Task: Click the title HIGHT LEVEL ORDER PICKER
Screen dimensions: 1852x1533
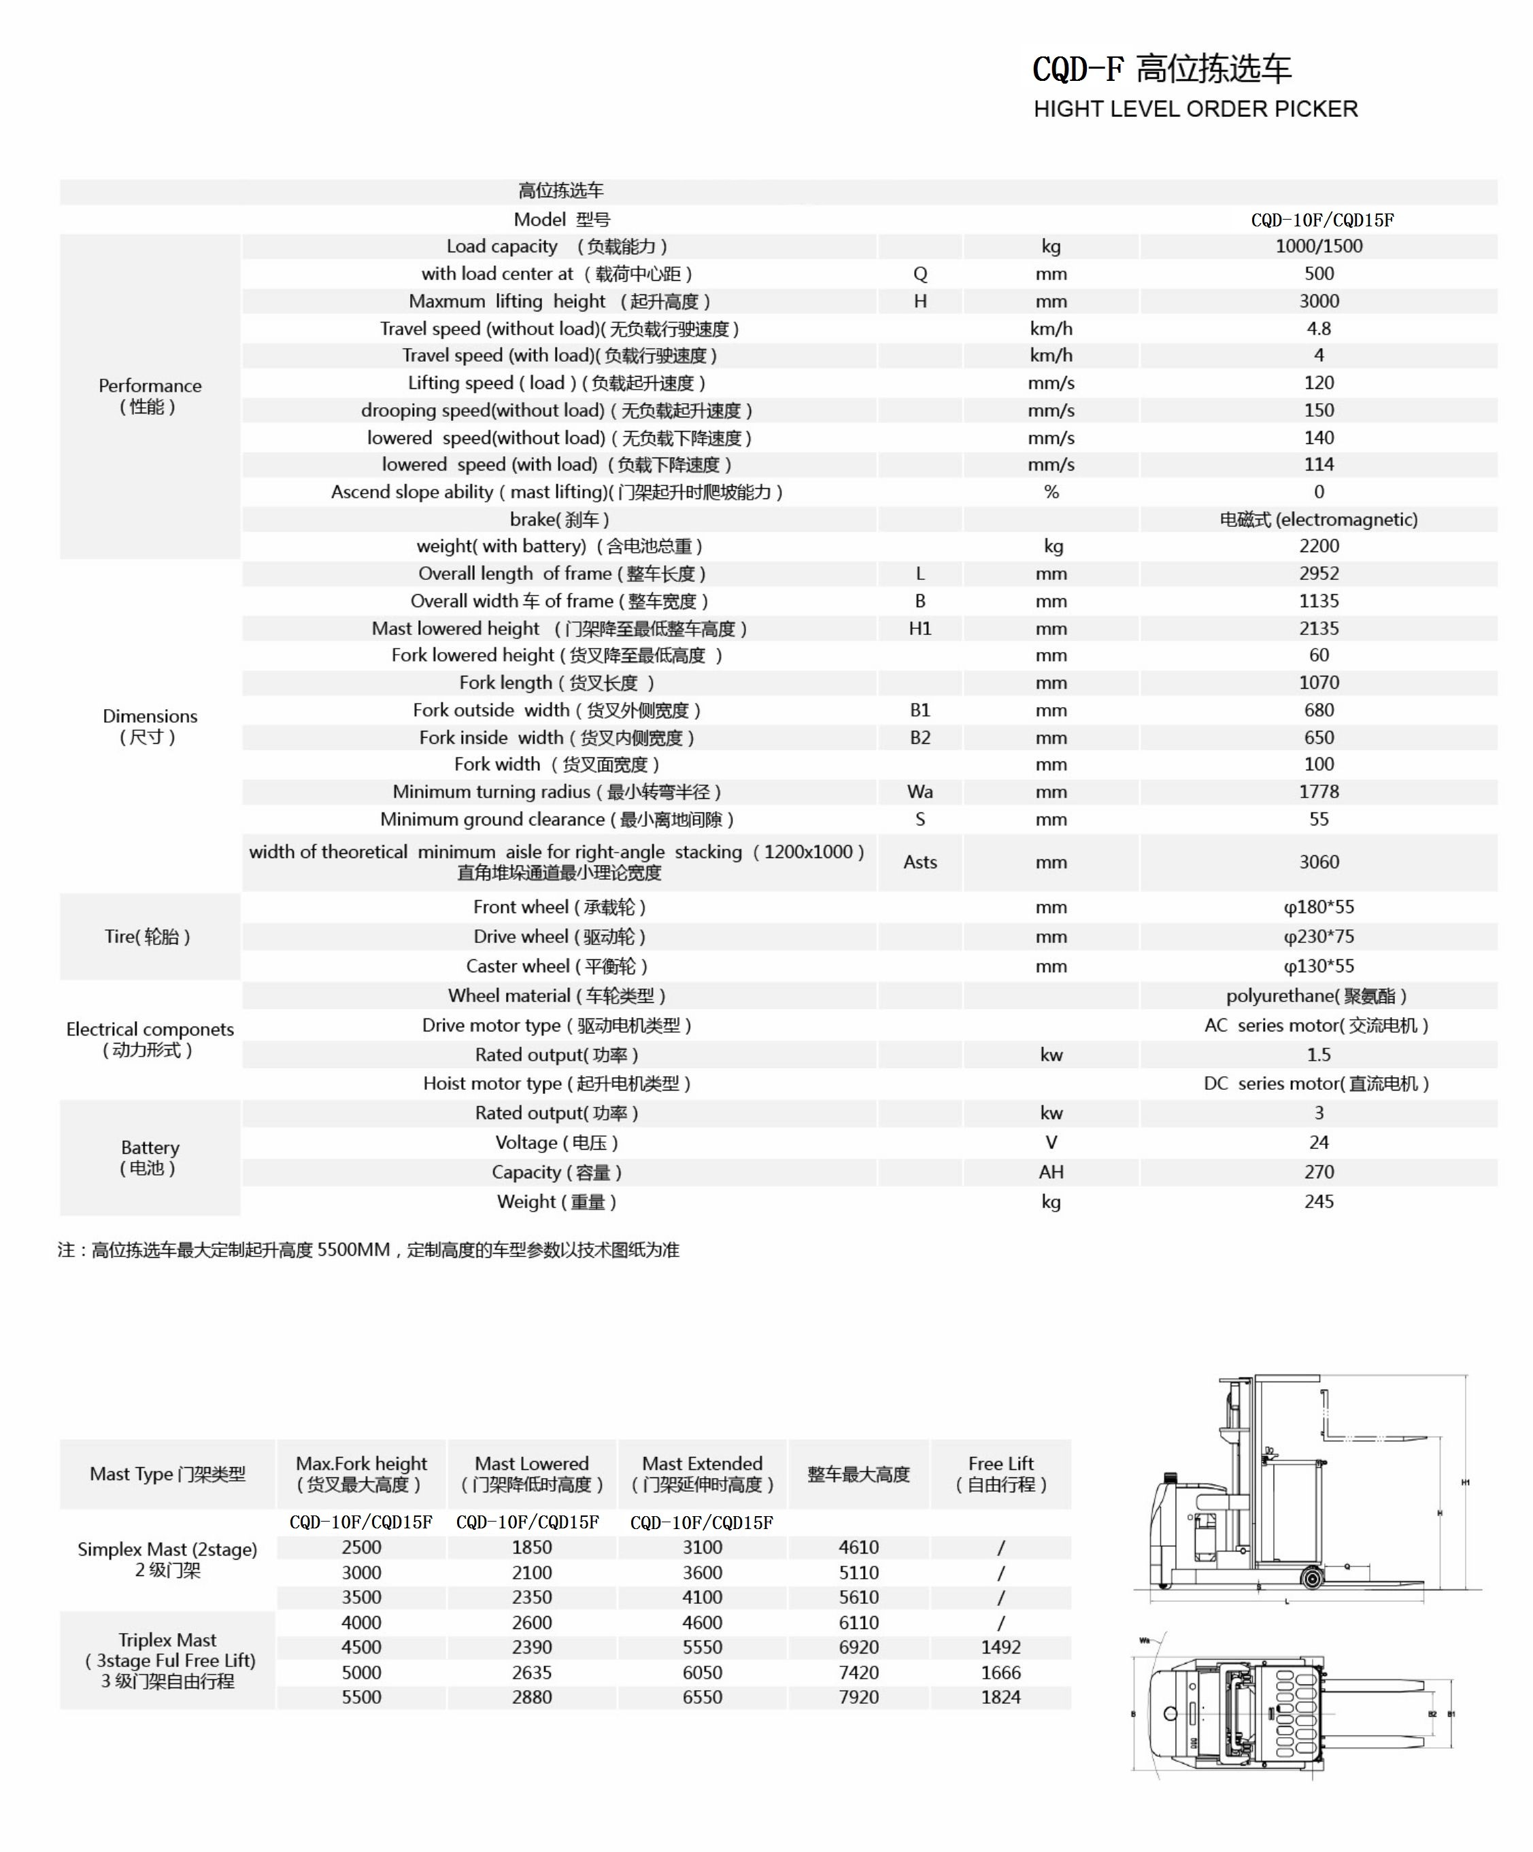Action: (x=1195, y=109)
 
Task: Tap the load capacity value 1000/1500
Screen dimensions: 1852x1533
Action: (x=1319, y=246)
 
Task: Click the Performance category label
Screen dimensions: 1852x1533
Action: (x=150, y=396)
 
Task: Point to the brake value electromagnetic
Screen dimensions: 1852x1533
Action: (x=1319, y=519)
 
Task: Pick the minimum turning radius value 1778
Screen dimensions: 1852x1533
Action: (x=1319, y=792)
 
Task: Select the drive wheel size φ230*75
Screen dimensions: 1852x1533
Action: (x=1319, y=937)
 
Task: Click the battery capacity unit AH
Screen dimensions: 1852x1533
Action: (x=1051, y=1172)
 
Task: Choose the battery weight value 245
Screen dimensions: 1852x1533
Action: (x=1319, y=1201)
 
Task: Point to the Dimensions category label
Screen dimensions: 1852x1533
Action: (x=150, y=726)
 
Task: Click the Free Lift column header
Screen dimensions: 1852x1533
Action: (x=1001, y=1474)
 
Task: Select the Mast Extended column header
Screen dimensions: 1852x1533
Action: (x=702, y=1474)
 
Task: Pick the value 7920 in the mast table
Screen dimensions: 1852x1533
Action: (x=858, y=1697)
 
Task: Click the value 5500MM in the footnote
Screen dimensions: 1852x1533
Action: (x=353, y=1250)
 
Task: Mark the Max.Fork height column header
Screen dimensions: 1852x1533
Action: (x=362, y=1474)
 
